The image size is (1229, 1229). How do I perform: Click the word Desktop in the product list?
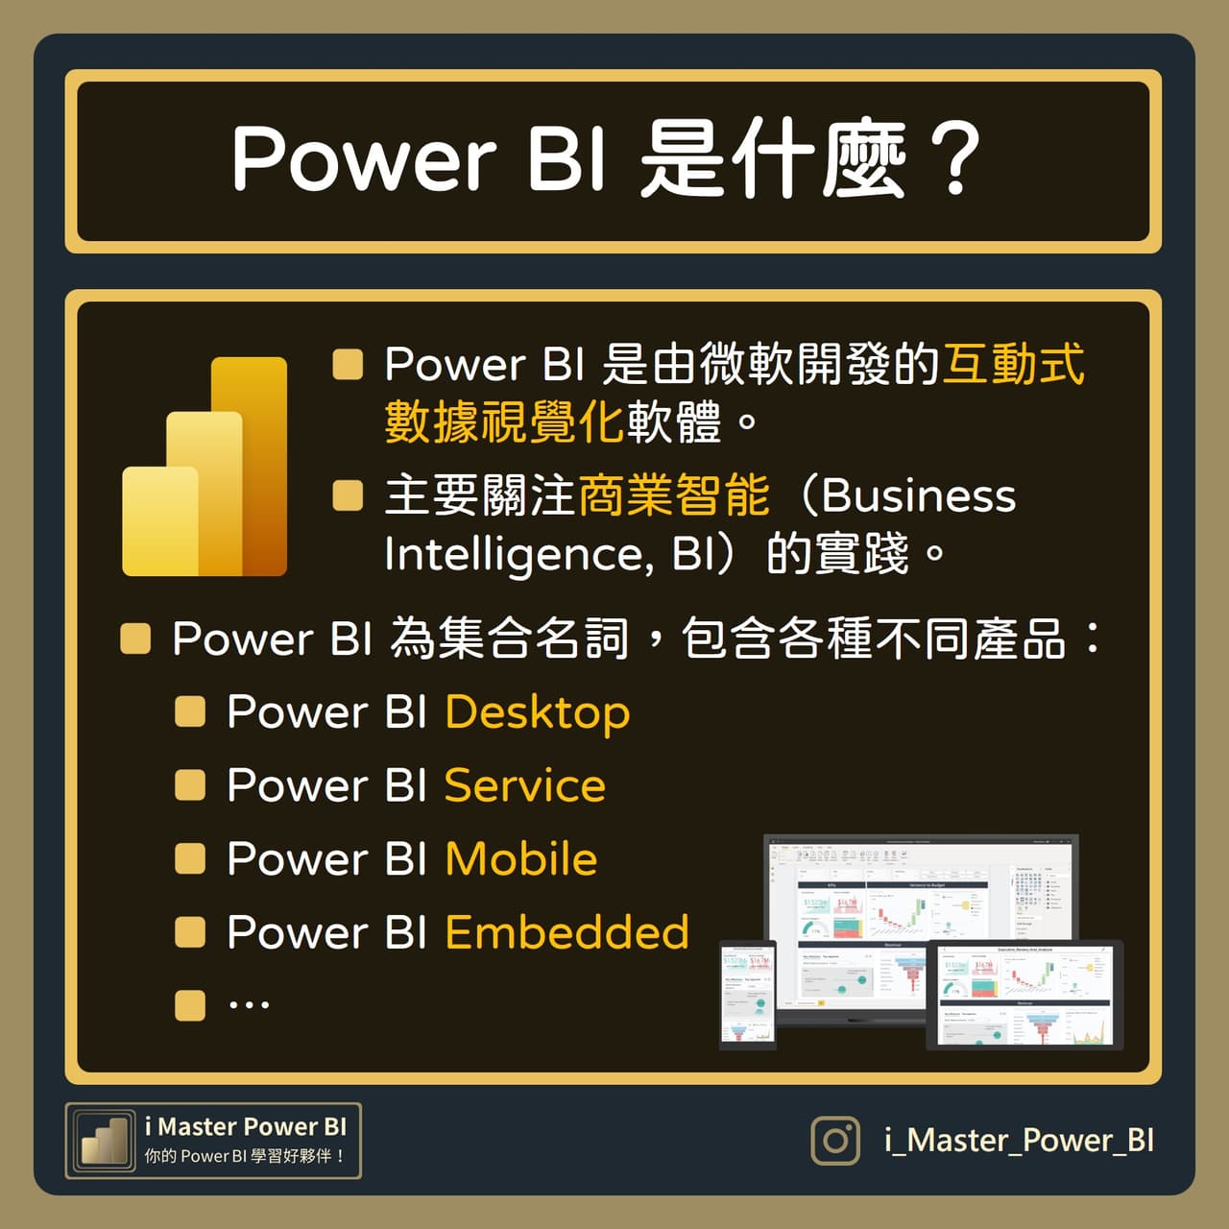[x=537, y=713]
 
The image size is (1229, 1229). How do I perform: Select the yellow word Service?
[x=524, y=786]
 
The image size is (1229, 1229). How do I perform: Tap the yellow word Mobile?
[x=520, y=859]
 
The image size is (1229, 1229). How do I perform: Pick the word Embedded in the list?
[x=566, y=932]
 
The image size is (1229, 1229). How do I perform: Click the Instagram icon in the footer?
[x=836, y=1140]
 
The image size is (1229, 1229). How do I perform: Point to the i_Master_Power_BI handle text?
[x=1019, y=1140]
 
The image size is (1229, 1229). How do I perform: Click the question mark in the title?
[x=954, y=158]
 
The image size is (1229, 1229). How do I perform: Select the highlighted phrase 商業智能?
[x=673, y=496]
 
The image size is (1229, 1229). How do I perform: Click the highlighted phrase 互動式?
[x=1013, y=365]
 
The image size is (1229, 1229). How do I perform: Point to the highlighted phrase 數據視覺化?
[x=505, y=422]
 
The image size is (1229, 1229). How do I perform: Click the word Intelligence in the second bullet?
[x=513, y=555]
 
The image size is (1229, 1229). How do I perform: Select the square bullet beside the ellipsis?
[x=190, y=1005]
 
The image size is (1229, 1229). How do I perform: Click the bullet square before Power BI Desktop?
[x=190, y=711]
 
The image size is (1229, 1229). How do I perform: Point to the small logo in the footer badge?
[x=105, y=1141]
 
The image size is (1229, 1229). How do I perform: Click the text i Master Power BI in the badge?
[x=245, y=1126]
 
